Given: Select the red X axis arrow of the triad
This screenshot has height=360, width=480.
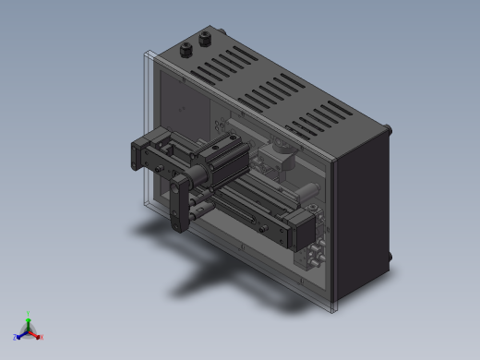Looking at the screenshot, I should click(39, 337).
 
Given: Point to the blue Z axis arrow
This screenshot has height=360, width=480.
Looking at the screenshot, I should click(19, 336).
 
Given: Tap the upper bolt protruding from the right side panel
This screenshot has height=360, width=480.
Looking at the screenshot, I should click(388, 130).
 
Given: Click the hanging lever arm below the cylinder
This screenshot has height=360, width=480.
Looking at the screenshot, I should click(178, 208).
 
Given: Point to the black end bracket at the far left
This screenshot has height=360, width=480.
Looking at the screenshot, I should click(140, 154).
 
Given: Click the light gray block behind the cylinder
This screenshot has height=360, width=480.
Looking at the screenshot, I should click(277, 158).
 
